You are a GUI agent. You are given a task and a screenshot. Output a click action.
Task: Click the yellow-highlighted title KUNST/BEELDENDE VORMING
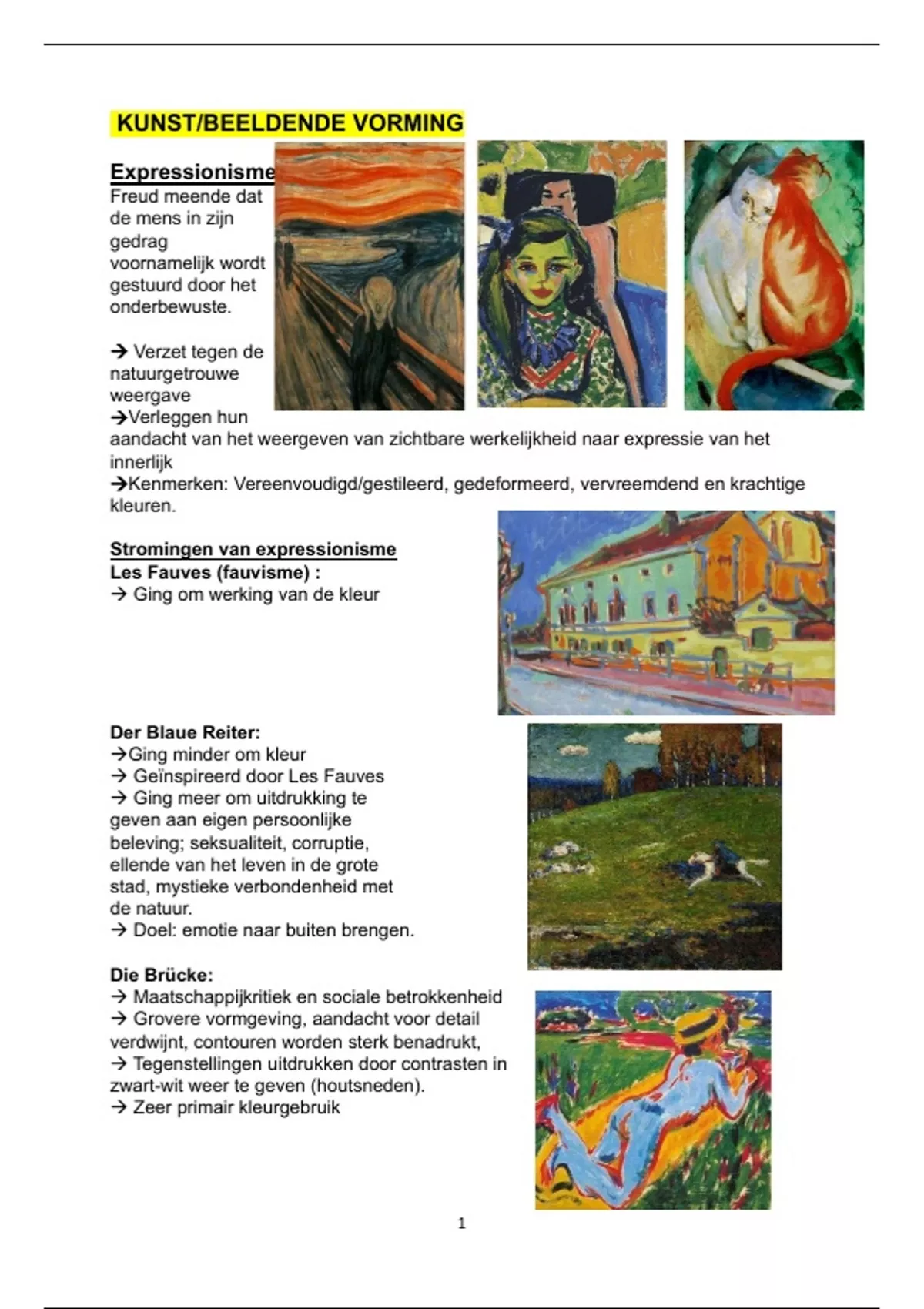[289, 123]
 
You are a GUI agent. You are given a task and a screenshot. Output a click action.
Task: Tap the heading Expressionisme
[192, 172]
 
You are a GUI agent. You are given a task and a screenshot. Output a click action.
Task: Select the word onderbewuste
[169, 306]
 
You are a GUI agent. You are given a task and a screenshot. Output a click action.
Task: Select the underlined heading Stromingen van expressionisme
[253, 549]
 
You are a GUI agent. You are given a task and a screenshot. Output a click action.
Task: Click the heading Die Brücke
[161, 975]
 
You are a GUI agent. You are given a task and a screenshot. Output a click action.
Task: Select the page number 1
[461, 1223]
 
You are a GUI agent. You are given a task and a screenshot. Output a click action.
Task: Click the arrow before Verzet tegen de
[119, 352]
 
